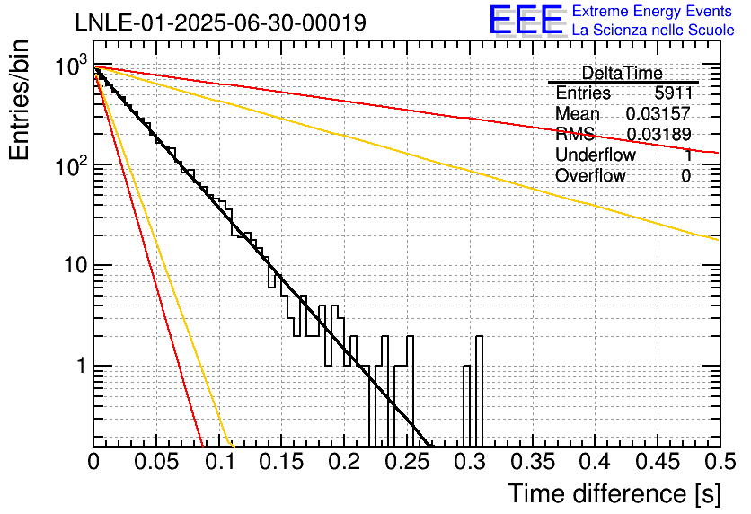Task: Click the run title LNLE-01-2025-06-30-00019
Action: pos(220,22)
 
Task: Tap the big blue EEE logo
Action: pos(526,20)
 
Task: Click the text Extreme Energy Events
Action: pos(653,12)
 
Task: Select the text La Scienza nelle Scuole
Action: pos(653,31)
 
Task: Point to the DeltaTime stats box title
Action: pos(622,73)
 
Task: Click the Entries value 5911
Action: pos(672,93)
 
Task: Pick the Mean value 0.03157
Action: pos(658,114)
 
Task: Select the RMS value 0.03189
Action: pos(658,135)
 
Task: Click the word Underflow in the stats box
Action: pos(595,155)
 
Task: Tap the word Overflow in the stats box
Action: pos(590,176)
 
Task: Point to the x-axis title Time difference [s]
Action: pos(614,493)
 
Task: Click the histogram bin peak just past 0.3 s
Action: pos(479,338)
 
